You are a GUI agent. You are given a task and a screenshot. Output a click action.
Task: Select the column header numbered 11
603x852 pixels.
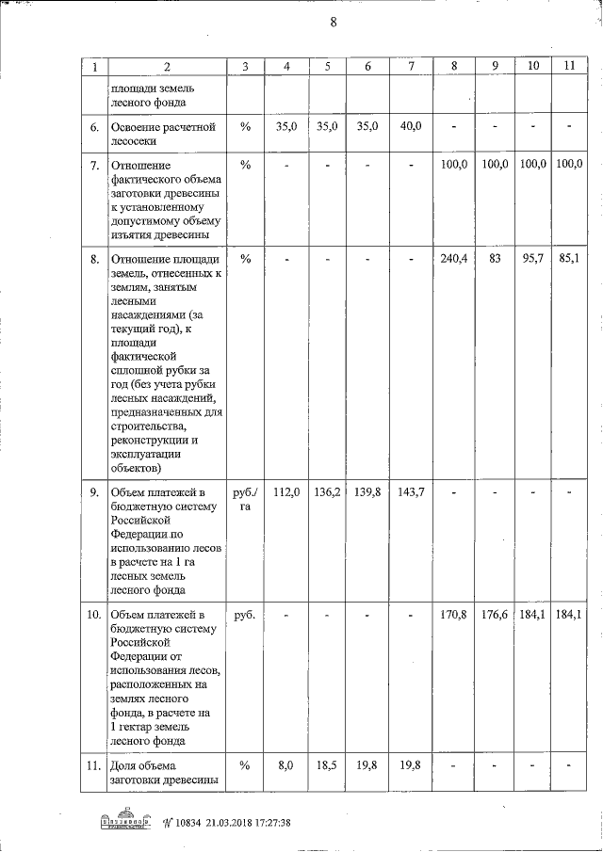pos(568,66)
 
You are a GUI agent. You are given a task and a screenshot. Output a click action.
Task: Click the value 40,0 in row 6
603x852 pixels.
pos(410,125)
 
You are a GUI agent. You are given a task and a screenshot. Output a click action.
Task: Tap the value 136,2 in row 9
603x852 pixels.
pos(328,491)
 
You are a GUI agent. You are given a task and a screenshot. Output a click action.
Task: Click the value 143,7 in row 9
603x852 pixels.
pos(410,491)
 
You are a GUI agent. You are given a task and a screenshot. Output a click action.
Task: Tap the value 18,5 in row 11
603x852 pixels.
pos(328,767)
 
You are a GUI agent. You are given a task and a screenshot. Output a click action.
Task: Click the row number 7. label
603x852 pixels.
pos(94,166)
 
